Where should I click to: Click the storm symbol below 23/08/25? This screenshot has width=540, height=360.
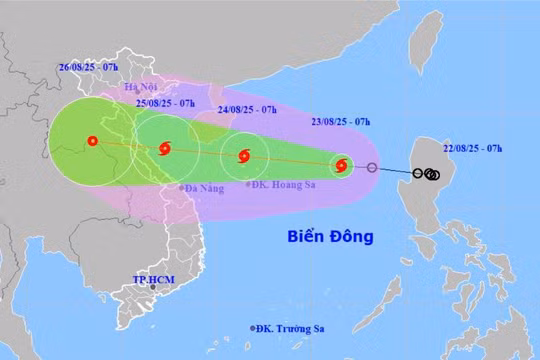tap(342, 165)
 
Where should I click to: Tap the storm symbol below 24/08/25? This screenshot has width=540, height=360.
tap(243, 156)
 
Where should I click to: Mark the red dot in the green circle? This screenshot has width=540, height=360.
tap(92, 141)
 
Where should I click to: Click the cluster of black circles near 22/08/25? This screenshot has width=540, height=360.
tap(431, 175)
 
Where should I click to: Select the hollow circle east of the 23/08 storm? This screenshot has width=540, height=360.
tap(372, 168)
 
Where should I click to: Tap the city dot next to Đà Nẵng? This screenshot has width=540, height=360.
tap(180, 187)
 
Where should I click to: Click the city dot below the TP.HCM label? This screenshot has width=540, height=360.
tap(153, 287)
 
